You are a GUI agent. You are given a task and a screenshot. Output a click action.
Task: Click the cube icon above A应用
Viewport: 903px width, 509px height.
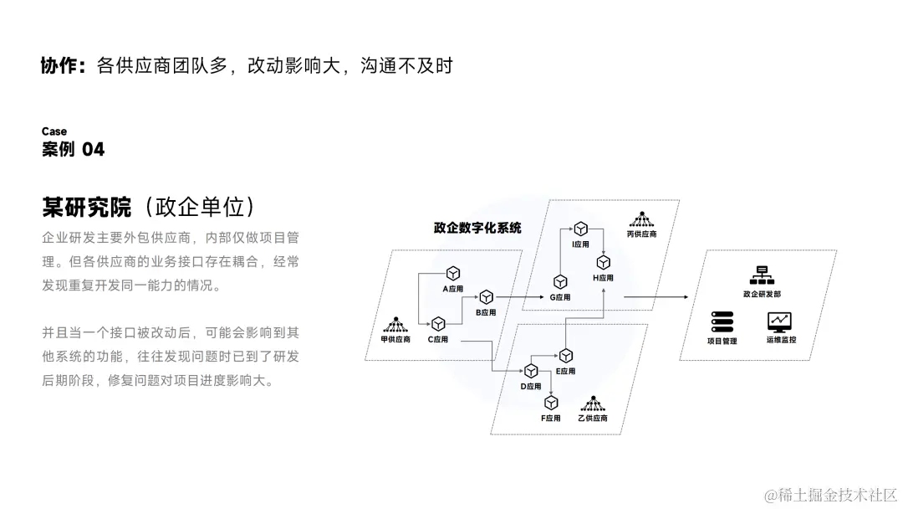tap(452, 274)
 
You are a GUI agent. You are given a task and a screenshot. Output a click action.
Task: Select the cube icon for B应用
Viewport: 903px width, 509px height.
tap(485, 297)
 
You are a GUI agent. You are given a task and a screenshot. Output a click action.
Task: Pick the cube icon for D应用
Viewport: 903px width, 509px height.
tap(530, 371)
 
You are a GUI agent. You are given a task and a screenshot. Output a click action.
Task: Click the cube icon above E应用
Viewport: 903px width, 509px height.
tap(566, 356)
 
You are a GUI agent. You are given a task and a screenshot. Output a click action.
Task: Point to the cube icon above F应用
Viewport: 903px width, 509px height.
tap(551, 403)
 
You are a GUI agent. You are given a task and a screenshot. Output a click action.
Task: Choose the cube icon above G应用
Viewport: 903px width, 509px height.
tap(560, 282)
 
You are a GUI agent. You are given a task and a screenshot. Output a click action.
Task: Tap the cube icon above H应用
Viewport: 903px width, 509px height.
tap(603, 262)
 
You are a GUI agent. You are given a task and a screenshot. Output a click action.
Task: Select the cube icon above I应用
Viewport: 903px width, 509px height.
tap(580, 229)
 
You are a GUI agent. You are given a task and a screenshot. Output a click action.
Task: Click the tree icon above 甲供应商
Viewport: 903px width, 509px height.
tap(395, 324)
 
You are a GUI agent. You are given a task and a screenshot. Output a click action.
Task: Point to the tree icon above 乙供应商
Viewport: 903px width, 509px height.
tap(593, 403)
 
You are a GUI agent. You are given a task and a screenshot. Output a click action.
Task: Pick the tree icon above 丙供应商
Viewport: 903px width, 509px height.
tap(641, 220)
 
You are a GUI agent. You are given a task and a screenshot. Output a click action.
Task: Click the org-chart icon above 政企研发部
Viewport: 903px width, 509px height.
tap(761, 275)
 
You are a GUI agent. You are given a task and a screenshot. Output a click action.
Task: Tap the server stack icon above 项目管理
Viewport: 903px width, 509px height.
tap(722, 321)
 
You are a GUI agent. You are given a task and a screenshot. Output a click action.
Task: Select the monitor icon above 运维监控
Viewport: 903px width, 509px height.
tap(780, 321)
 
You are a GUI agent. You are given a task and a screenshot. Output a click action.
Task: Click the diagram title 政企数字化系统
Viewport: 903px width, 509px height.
tap(477, 228)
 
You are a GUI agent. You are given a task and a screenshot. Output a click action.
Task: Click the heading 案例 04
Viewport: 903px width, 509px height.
tap(74, 150)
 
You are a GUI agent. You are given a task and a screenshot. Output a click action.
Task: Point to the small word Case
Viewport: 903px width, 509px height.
tap(54, 131)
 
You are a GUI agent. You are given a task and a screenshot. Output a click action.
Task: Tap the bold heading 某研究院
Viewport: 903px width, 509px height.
tap(86, 206)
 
